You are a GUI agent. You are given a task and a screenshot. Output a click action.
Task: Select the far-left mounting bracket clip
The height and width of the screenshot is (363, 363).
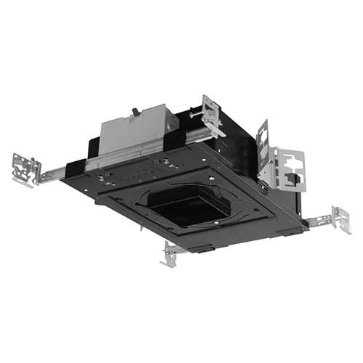pos(25,169)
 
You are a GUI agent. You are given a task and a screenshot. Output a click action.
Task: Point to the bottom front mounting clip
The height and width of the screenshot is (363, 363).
pos(174,253)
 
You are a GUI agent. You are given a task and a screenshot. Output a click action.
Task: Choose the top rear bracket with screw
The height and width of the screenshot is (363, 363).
pos(211,112)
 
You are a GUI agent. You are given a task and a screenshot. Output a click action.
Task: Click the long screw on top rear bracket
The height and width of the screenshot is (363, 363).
pos(196,113)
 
